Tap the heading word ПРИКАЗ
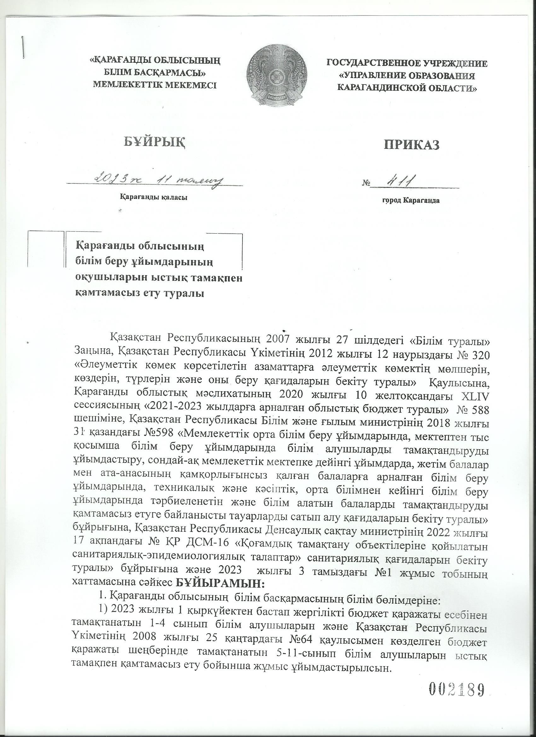[412, 145]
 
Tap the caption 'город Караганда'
[411, 200]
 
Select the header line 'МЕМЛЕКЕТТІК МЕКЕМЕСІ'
[154, 85]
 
